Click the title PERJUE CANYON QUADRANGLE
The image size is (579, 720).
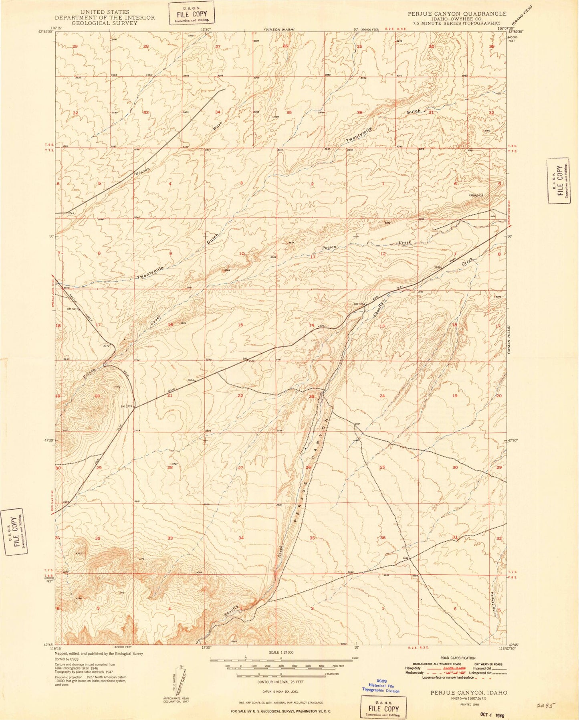[454, 13]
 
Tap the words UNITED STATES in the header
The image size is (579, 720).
[104, 12]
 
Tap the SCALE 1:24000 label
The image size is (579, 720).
[280, 663]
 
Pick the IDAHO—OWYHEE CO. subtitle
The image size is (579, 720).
[454, 18]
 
